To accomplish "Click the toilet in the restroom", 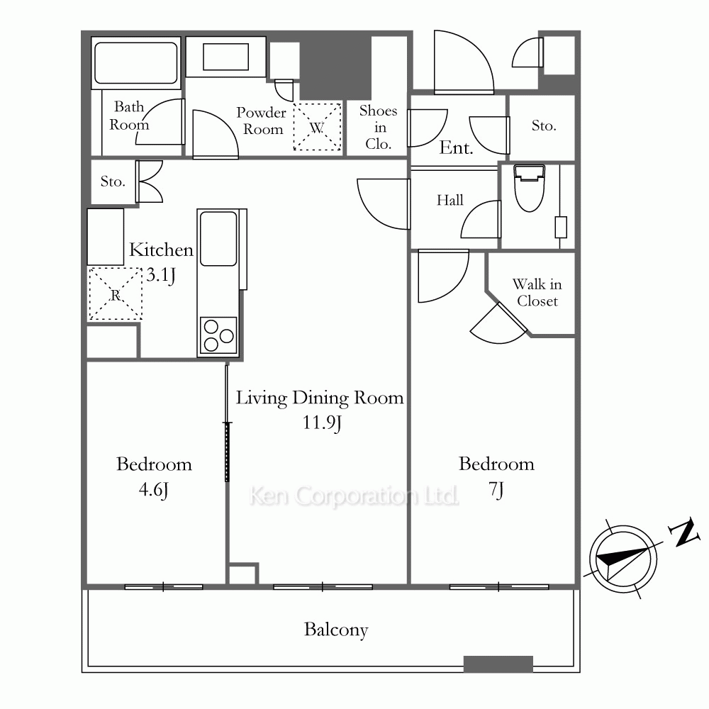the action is click(x=529, y=188).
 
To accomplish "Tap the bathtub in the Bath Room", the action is click(x=135, y=63).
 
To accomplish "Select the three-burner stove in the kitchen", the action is click(x=218, y=335).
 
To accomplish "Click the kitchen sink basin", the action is click(x=218, y=239).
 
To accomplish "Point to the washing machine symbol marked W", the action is click(x=317, y=127).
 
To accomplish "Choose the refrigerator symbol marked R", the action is click(x=116, y=294).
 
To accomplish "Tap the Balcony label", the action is click(x=336, y=630).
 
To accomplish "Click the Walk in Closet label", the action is click(x=537, y=293).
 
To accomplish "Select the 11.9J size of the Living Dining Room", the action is click(x=321, y=423).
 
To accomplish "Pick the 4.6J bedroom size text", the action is click(x=154, y=490).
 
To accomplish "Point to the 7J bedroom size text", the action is click(x=496, y=490).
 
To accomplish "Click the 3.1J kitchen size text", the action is click(x=161, y=275).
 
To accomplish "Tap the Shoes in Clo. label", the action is click(x=379, y=127).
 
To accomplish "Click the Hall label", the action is click(x=450, y=200).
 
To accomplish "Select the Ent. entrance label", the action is click(x=456, y=147).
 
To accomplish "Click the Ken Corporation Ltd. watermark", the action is click(x=354, y=496).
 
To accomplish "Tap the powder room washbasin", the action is click(x=225, y=57).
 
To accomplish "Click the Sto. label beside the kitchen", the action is click(x=113, y=182).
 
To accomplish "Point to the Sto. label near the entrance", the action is click(x=544, y=125).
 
